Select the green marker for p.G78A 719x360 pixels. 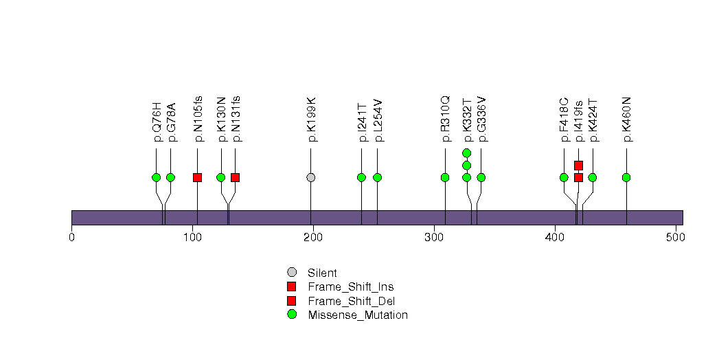[171, 177]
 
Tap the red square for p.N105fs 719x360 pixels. [198, 177]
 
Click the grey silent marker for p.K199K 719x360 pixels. [311, 177]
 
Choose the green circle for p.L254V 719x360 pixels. [377, 177]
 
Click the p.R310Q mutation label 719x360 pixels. [445, 120]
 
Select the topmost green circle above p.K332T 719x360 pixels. [467, 153]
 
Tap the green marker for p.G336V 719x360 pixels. [481, 177]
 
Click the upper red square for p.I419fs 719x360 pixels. [578, 165]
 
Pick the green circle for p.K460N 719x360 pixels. [626, 177]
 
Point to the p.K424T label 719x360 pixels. [593, 121]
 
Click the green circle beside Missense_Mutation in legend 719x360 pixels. [292, 315]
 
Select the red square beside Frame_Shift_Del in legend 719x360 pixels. [292, 301]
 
